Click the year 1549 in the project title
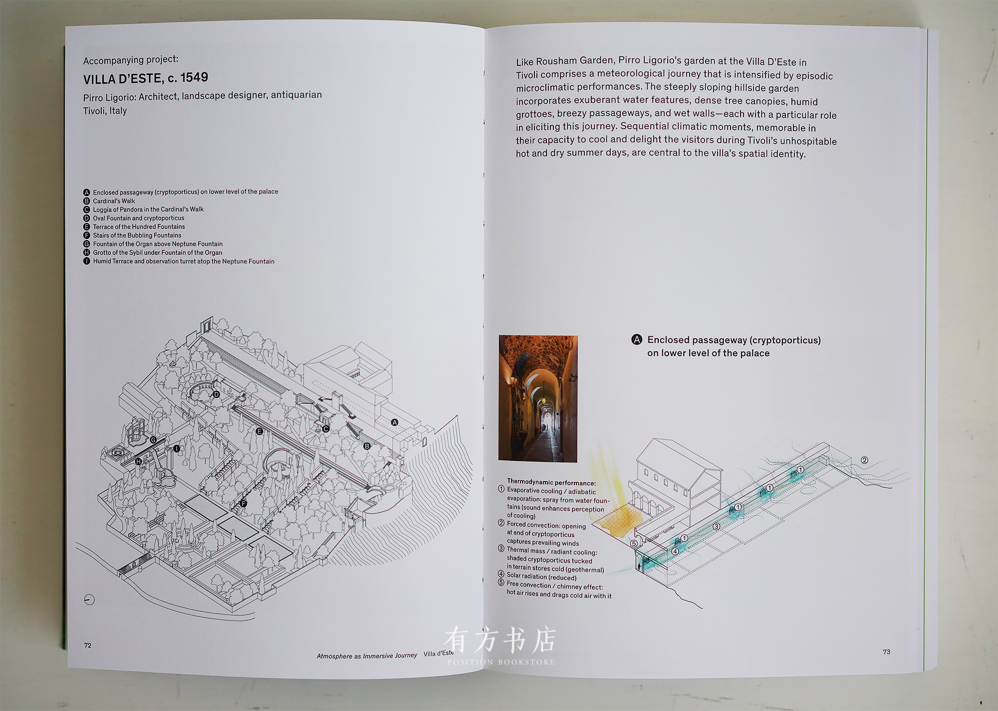pyautogui.click(x=194, y=77)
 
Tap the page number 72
pyautogui.click(x=88, y=645)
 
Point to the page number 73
pyautogui.click(x=886, y=652)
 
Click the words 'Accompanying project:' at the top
pyautogui.click(x=131, y=60)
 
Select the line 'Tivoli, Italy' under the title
pyautogui.click(x=105, y=111)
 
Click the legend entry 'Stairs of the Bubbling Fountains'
pyautogui.click(x=137, y=236)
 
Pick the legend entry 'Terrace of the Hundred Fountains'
pyautogui.click(x=139, y=227)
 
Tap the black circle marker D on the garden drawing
pyautogui.click(x=217, y=394)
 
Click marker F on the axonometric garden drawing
pyautogui.click(x=244, y=503)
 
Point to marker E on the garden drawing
pyautogui.click(x=259, y=431)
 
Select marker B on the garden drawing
pyautogui.click(x=367, y=446)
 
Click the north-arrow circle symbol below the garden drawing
pyautogui.click(x=89, y=600)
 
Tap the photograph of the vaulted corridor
pyautogui.click(x=538, y=398)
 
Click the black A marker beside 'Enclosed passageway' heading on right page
pyautogui.click(x=637, y=340)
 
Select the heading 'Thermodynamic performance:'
pyautogui.click(x=551, y=482)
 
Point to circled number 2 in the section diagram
pyautogui.click(x=864, y=460)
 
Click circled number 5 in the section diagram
pyautogui.click(x=634, y=543)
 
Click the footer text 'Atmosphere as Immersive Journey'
pyautogui.click(x=366, y=656)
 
